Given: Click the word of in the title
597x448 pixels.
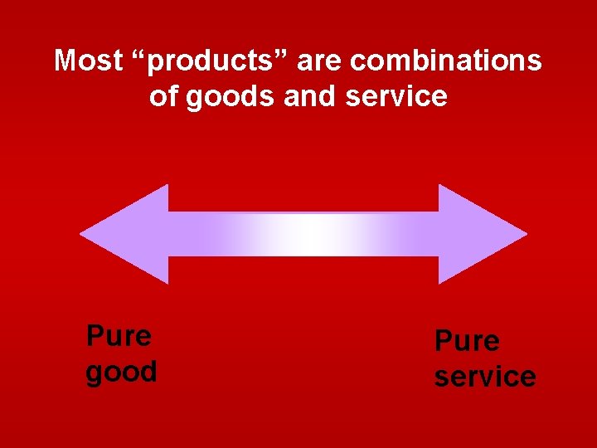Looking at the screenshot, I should (163, 96).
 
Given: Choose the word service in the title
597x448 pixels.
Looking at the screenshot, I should (396, 96).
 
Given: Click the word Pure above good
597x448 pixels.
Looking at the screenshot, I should (119, 336).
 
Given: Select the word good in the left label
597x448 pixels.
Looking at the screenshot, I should (122, 373).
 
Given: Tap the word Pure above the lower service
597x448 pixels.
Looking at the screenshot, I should (468, 341).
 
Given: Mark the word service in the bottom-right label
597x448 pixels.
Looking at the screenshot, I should (485, 377).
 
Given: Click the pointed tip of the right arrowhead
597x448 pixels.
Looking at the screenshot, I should (525, 234).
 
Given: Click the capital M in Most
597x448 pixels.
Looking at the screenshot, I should (64, 61).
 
